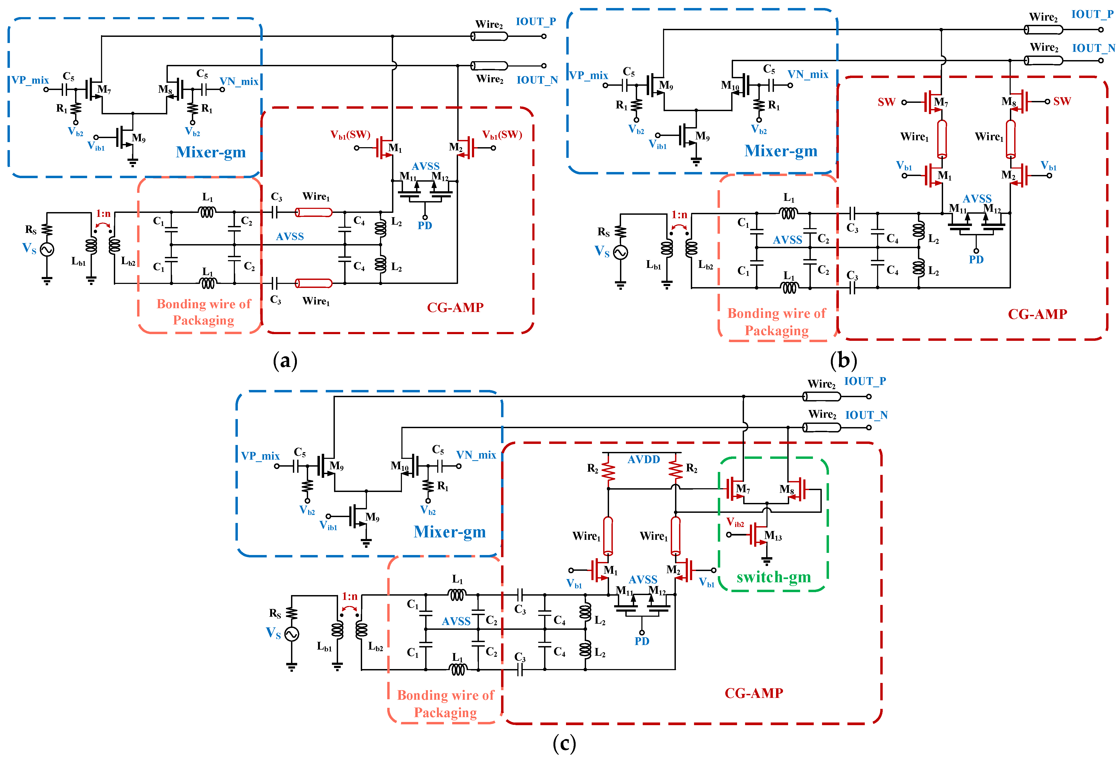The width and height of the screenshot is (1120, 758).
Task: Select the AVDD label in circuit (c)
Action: click(x=643, y=459)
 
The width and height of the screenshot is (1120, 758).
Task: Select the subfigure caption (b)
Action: click(x=843, y=360)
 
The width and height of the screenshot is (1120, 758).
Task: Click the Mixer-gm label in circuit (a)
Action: click(x=211, y=152)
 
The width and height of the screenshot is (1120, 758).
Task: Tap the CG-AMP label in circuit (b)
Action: click(x=1037, y=314)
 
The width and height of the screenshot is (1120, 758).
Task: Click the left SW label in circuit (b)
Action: click(x=886, y=102)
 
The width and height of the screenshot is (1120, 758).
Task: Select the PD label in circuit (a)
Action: click(x=425, y=225)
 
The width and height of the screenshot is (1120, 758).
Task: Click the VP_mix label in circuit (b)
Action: click(x=588, y=76)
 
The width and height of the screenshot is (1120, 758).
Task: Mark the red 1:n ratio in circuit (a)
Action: click(x=103, y=213)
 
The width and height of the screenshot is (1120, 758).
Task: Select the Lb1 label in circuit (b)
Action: click(x=653, y=265)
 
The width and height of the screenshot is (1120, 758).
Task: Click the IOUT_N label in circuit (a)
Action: click(x=537, y=80)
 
